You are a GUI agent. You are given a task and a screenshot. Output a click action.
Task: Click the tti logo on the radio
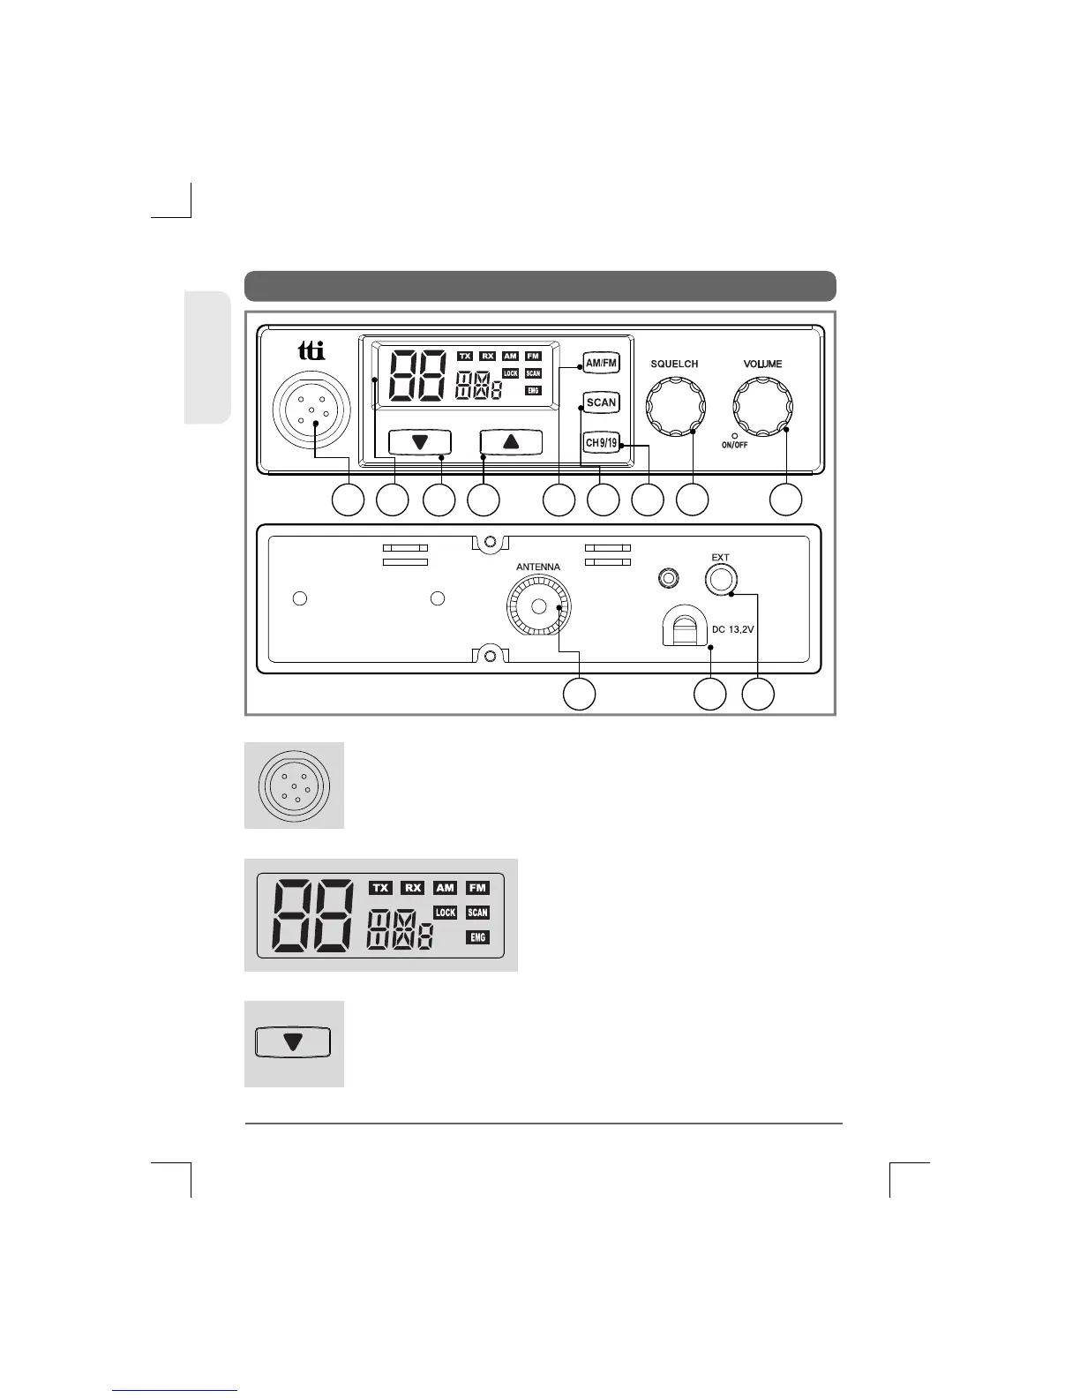click(311, 351)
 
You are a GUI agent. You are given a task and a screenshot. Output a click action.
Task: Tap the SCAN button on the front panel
click(601, 402)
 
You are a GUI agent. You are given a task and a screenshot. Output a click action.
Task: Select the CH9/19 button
click(601, 441)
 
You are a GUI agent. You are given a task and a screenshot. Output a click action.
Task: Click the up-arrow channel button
click(511, 441)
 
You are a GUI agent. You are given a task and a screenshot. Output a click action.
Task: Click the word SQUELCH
click(674, 364)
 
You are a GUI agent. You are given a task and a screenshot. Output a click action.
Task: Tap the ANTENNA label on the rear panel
click(537, 567)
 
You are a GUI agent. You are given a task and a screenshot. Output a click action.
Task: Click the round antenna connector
click(538, 606)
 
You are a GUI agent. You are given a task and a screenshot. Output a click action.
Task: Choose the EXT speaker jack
click(721, 579)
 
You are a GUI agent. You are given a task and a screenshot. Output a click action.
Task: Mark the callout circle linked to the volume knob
click(785, 500)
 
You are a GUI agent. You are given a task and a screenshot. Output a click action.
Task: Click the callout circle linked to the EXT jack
click(758, 694)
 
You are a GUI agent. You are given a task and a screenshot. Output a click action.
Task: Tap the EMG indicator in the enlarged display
click(477, 937)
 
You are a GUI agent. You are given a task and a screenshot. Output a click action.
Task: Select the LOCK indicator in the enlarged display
click(446, 913)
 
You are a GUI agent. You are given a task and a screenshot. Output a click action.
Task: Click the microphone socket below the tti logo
click(311, 412)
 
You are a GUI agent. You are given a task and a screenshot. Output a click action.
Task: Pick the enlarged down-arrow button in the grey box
click(293, 1042)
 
